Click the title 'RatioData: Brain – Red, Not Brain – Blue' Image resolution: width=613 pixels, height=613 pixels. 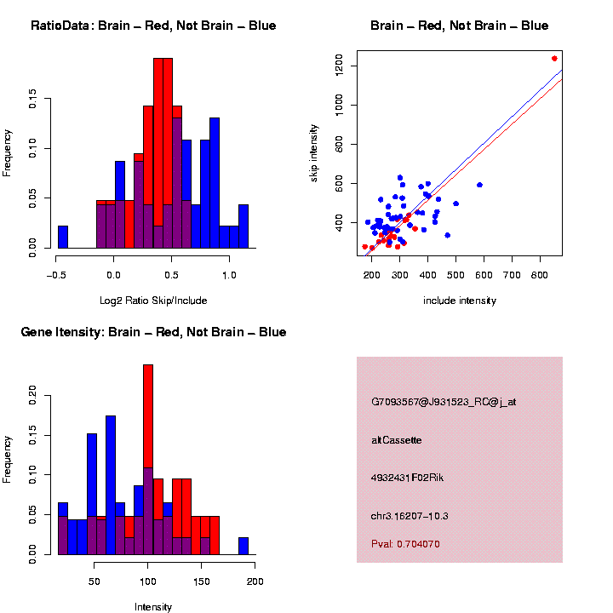(153, 26)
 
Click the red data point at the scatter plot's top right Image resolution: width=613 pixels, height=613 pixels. (554, 59)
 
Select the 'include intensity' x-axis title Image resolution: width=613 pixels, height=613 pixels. (460, 301)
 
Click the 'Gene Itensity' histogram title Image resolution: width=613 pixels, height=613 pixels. (153, 332)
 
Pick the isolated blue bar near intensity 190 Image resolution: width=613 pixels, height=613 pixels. (243, 546)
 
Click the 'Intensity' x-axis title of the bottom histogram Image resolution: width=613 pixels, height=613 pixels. (153, 607)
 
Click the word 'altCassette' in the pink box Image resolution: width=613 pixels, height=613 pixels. (398, 440)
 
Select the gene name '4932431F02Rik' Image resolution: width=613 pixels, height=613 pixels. (408, 478)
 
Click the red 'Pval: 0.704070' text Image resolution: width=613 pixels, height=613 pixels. (406, 543)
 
